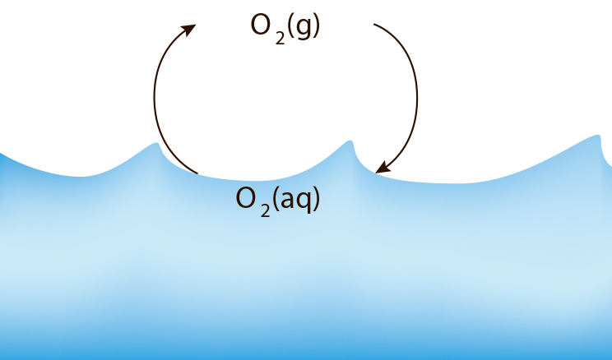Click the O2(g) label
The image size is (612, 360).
point(285,29)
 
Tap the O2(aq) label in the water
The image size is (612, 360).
point(277,201)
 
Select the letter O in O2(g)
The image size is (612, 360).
point(261,25)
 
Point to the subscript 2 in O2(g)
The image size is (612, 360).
point(280,38)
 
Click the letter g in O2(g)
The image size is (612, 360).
point(303,28)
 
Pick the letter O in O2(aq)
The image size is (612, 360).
point(247,198)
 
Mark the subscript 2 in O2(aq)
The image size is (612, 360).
point(265,210)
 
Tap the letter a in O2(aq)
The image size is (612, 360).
point(288,201)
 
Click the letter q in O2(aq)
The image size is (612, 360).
point(304,203)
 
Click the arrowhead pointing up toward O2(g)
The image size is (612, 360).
point(189,30)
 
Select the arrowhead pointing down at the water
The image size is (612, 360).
point(382,168)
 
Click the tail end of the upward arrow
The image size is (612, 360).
point(197,173)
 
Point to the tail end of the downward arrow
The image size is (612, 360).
point(374,25)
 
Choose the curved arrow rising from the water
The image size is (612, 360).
point(155,98)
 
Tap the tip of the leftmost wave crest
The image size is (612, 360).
point(156,144)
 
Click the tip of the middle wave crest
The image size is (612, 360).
point(350,141)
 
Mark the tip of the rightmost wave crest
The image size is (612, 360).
point(599,136)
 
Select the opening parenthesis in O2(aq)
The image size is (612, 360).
point(276,199)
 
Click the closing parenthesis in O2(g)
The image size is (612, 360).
point(316,26)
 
